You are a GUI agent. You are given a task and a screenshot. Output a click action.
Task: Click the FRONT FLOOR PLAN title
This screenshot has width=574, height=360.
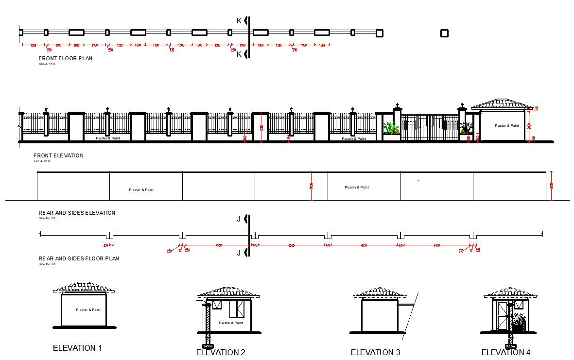click(65, 58)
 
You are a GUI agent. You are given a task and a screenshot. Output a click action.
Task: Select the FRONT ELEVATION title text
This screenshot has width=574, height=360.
click(58, 155)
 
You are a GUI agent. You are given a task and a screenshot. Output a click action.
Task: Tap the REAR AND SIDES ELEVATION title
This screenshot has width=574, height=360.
click(77, 213)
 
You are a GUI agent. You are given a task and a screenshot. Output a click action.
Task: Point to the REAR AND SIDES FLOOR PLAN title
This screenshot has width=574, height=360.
click(79, 258)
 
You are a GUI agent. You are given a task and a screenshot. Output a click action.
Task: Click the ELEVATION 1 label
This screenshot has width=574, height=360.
click(77, 348)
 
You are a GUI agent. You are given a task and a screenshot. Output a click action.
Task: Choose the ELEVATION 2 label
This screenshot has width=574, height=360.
click(221, 352)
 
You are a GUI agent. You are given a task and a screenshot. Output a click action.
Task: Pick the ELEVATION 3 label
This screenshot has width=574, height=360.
click(375, 352)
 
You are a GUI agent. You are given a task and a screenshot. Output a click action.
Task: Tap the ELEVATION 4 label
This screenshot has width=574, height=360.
click(506, 352)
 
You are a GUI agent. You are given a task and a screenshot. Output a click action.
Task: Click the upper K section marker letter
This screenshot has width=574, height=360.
click(239, 20)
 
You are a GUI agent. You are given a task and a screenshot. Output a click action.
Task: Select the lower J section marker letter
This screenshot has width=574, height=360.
click(239, 253)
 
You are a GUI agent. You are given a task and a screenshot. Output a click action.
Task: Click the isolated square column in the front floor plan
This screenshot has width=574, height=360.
click(444, 33)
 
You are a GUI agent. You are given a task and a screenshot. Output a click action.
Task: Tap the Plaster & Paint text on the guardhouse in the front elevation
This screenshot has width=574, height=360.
click(507, 126)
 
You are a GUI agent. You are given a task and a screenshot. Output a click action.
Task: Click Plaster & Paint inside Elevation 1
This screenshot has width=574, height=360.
click(88, 309)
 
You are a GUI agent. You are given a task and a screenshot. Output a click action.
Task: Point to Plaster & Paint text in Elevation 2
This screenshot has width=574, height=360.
click(231, 323)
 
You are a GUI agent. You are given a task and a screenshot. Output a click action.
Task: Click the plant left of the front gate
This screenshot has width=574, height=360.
click(390, 128)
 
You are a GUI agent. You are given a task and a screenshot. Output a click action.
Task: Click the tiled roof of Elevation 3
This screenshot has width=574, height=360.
click(380, 292)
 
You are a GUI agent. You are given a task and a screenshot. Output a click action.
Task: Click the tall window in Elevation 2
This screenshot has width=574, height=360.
click(240, 309)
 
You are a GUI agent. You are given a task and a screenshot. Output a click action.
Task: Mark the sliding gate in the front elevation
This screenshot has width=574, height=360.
click(430, 127)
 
